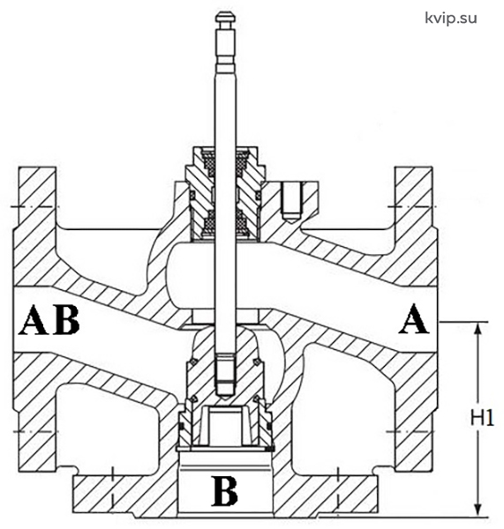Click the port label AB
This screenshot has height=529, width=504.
[50, 320]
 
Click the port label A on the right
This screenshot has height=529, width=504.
[414, 319]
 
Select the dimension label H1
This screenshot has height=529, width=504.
[483, 418]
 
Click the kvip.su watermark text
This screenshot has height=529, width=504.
[451, 18]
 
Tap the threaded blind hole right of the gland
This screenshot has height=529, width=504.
[291, 203]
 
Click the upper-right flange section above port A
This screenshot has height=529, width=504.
[414, 199]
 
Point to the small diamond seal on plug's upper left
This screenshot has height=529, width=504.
[193, 362]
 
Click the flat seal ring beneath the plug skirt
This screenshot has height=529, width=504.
[224, 449]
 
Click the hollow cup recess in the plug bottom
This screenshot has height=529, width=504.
[224, 424]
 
